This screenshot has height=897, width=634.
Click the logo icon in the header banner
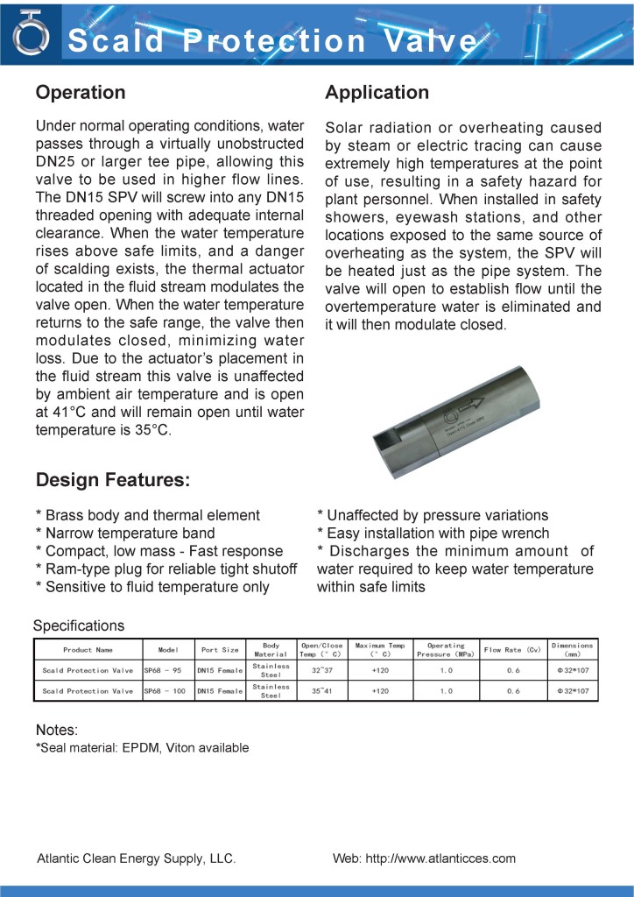pyautogui.click(x=31, y=34)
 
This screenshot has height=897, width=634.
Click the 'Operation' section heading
pyautogui.click(x=80, y=93)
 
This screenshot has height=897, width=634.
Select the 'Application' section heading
pyautogui.click(x=377, y=93)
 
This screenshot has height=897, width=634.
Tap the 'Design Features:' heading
pyautogui.click(x=112, y=480)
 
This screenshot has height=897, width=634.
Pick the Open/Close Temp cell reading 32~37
pyautogui.click(x=321, y=670)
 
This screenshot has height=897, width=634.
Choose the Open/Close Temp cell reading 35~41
pyautogui.click(x=321, y=691)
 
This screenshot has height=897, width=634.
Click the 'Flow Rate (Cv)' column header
pyautogui.click(x=513, y=650)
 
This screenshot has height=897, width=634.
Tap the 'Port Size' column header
pyautogui.click(x=220, y=650)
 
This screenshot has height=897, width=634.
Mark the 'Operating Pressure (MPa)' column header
pyautogui.click(x=446, y=650)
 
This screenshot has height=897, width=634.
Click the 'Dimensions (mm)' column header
pyautogui.click(x=572, y=650)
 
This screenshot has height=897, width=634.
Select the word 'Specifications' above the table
pyautogui.click(x=79, y=625)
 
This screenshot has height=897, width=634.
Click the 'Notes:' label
pyautogui.click(x=57, y=730)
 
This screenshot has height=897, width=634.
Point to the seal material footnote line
pyautogui.click(x=142, y=747)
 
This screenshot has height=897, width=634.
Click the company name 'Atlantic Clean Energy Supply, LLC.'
pyautogui.click(x=136, y=858)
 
